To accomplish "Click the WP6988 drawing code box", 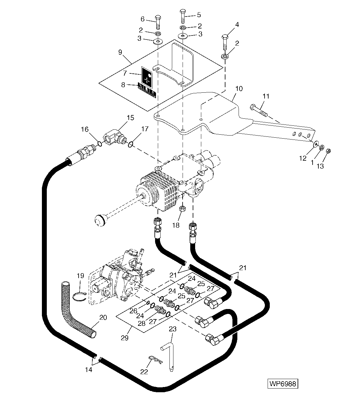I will (x=283, y=384).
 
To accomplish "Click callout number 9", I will (x=120, y=52).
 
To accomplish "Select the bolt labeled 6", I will (x=158, y=22).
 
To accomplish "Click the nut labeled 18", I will (x=181, y=209).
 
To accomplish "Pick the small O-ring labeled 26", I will (x=148, y=303).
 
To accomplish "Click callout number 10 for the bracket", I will (x=239, y=89).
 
